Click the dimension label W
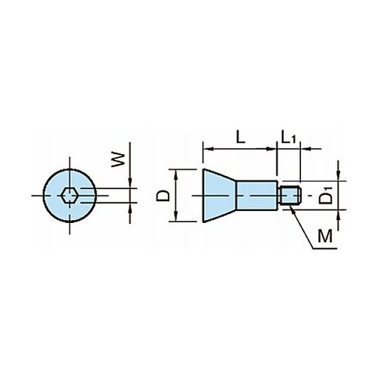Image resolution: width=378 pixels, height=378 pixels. click(x=119, y=160)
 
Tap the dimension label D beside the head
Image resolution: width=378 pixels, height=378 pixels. click(x=163, y=196)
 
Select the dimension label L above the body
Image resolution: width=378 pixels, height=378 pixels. click(x=240, y=138)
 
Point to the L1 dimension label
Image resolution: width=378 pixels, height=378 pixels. click(x=288, y=138)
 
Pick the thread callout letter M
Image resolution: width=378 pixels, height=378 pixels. click(x=325, y=236)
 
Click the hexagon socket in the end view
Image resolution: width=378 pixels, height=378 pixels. click(x=70, y=195)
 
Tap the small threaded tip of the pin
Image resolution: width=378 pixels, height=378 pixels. click(x=290, y=195)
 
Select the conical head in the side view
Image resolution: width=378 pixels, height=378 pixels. click(x=219, y=196)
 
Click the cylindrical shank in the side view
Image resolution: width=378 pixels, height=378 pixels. click(x=257, y=195)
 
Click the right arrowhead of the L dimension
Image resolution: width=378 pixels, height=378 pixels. click(x=271, y=149)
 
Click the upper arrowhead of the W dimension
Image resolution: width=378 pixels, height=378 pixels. click(x=130, y=183)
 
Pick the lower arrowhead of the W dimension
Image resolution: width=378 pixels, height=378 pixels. click(x=130, y=207)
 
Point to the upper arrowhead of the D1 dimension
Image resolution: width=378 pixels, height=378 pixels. click(x=339, y=175)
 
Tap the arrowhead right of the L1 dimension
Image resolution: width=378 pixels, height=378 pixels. click(x=305, y=149)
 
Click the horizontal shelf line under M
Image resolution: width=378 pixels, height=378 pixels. click(x=324, y=249)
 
